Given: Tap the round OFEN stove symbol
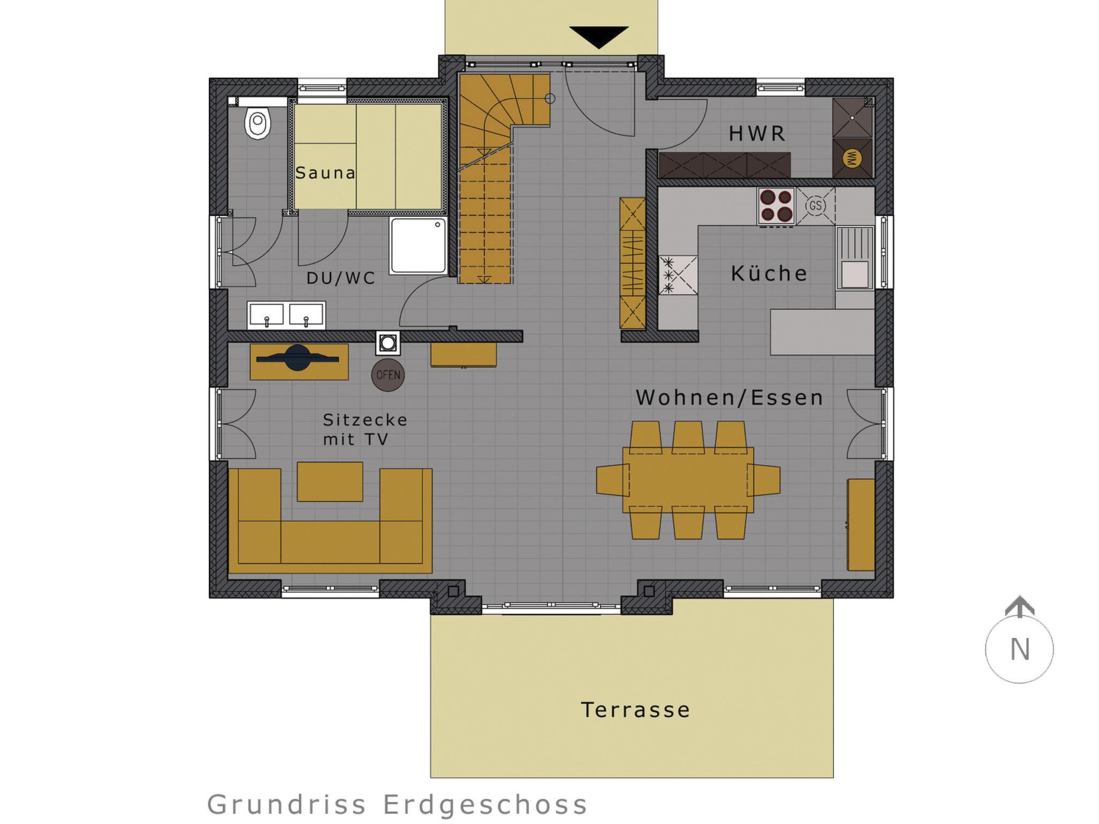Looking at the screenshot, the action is [388, 375].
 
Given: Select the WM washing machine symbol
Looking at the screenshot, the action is [852, 158].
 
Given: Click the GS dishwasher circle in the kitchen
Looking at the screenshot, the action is [815, 205].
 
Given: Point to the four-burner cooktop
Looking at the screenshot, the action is [776, 205].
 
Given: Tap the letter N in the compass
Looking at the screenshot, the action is [1020, 650].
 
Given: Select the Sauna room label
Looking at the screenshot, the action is [325, 173].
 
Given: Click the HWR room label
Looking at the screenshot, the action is [757, 134].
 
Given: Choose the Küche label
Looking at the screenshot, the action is [769, 274].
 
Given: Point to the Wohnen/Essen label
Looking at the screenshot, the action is [729, 398].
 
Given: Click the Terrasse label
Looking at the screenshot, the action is [635, 710].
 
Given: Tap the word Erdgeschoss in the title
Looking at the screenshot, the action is [485, 805].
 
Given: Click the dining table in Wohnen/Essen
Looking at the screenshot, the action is [688, 480].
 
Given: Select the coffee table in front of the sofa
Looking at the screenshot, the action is [330, 482].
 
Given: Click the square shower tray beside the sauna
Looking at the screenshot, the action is [419, 246].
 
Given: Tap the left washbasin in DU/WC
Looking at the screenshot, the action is [266, 315].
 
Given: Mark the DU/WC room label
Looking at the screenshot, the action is [341, 278].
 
